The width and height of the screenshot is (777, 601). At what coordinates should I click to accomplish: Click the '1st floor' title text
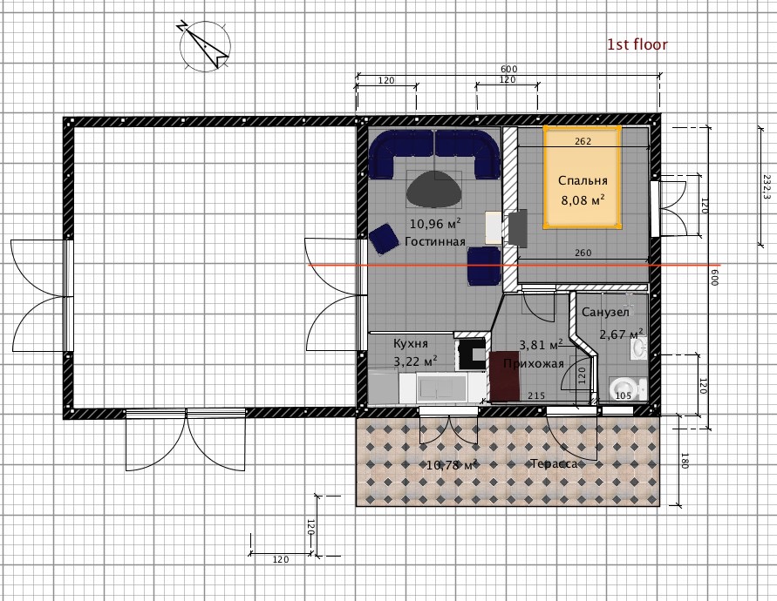click(637, 44)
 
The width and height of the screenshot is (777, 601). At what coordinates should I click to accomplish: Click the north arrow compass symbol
click(205, 46)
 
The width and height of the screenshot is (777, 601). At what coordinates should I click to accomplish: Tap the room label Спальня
click(583, 180)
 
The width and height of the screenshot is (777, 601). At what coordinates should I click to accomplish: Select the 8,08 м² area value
click(583, 200)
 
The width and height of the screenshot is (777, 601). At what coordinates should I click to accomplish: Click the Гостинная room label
click(435, 241)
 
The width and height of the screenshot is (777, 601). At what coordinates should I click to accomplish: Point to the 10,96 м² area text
click(435, 224)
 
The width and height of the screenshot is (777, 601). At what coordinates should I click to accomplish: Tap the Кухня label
click(411, 343)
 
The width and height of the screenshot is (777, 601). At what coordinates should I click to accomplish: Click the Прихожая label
click(534, 364)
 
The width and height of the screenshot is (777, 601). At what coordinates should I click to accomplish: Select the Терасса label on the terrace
click(554, 464)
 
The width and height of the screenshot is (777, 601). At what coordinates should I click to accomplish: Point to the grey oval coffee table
click(434, 190)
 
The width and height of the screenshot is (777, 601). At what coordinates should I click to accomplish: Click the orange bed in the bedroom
click(583, 177)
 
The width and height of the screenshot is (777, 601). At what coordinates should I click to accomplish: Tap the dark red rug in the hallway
click(504, 375)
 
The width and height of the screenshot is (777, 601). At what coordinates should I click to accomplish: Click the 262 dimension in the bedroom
click(583, 142)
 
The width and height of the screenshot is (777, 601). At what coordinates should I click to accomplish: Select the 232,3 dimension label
click(767, 186)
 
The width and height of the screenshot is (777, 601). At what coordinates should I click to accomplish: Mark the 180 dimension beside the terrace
click(685, 461)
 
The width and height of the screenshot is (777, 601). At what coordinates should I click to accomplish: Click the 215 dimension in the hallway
click(536, 395)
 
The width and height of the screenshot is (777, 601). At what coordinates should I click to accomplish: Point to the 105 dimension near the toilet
click(623, 395)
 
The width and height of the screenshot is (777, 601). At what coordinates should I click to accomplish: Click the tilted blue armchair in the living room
click(383, 240)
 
